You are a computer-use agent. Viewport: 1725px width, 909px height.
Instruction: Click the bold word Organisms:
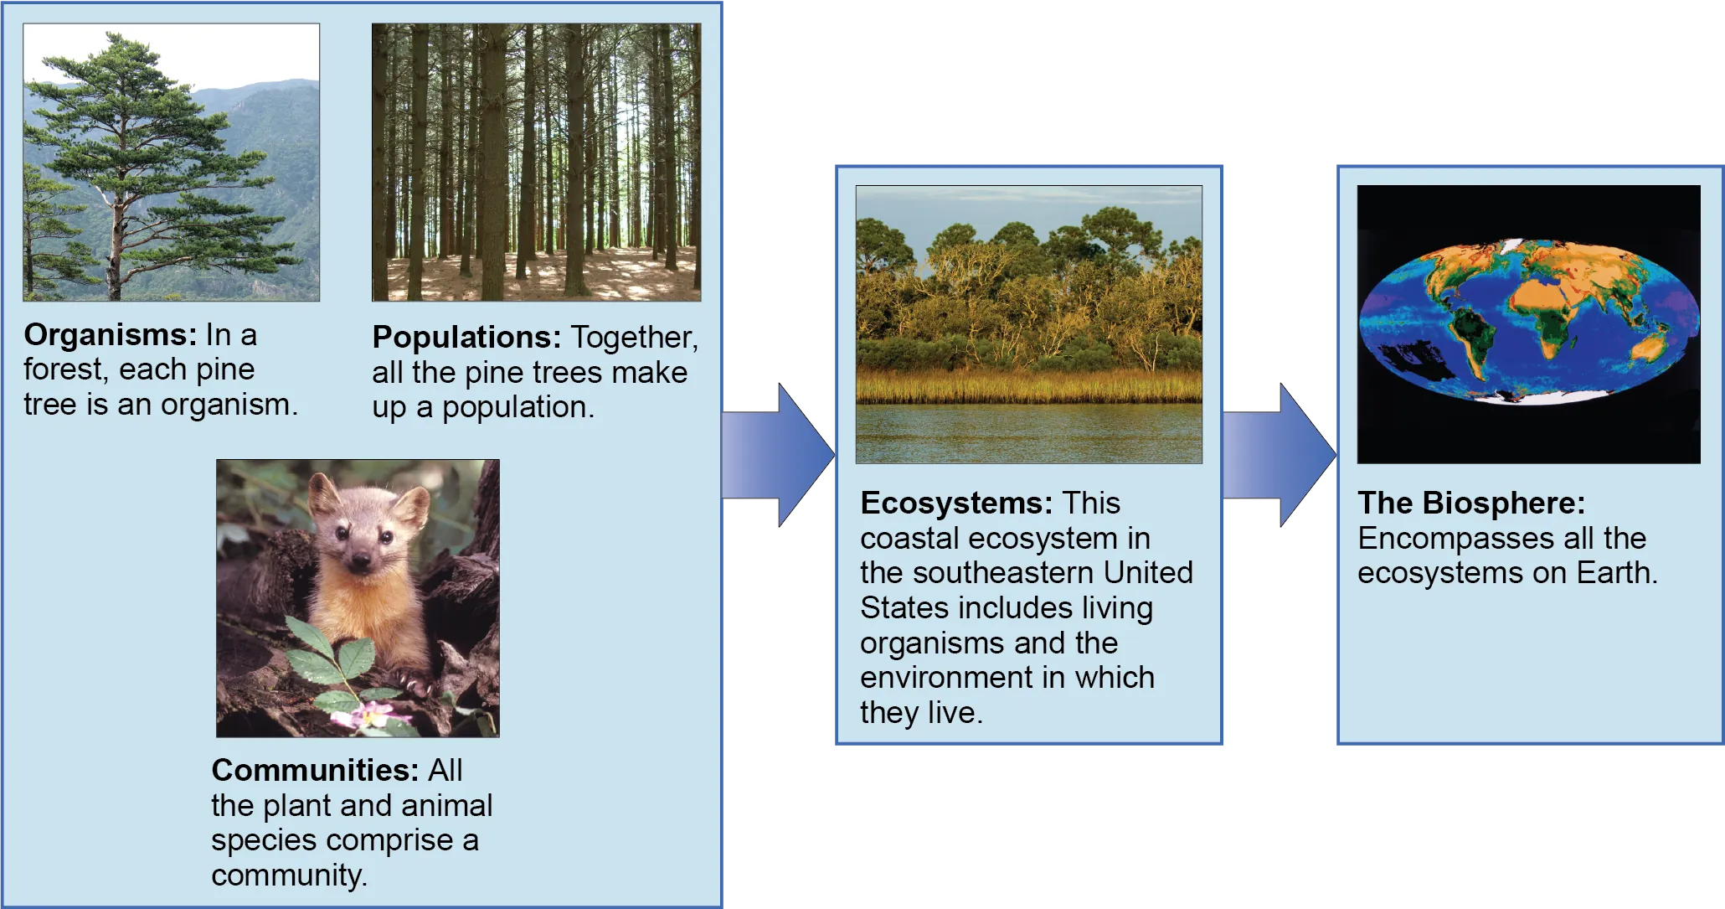[x=110, y=335]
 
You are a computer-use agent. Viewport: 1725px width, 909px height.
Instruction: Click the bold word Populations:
[x=466, y=337]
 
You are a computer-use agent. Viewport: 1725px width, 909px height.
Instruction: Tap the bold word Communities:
[x=314, y=770]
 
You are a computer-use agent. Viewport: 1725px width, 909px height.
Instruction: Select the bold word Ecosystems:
[x=956, y=503]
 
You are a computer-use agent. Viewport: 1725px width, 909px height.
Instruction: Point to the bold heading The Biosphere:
[x=1471, y=503]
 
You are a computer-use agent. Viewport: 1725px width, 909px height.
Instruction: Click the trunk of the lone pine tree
[x=116, y=251]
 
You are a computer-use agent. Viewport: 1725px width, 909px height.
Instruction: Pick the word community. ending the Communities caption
[x=289, y=875]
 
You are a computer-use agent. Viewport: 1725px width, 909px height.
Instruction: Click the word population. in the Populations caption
[x=517, y=407]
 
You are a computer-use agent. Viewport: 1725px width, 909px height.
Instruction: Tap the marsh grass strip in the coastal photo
[x=1028, y=387]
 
